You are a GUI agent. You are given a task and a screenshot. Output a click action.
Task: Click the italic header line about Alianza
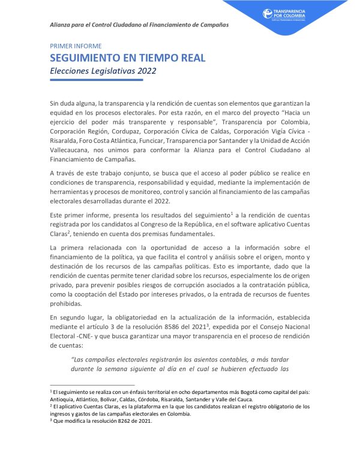click(x=139, y=25)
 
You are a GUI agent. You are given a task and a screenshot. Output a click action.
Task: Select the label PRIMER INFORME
click(x=76, y=46)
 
